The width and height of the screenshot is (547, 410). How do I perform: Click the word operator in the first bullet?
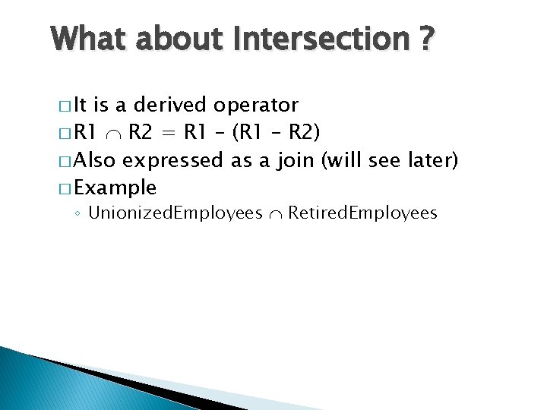(256, 105)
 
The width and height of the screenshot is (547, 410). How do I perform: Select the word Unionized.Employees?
(175, 213)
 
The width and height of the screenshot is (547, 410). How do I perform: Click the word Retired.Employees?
(362, 213)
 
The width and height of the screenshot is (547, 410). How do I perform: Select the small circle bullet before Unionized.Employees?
(79, 214)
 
